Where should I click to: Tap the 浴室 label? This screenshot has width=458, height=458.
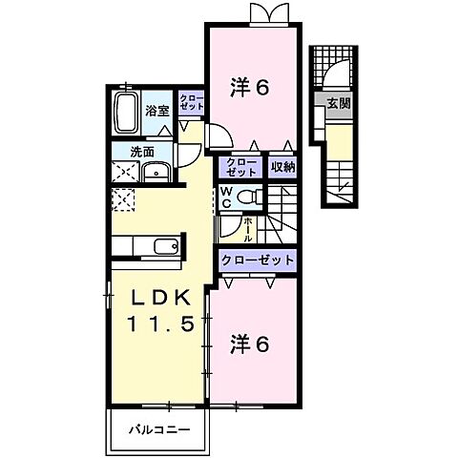pos(157,111)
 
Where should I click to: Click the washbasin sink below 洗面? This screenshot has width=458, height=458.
pos(155,172)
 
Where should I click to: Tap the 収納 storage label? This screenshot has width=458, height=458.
pos(281,168)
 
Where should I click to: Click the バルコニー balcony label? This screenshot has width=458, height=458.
pos(159,428)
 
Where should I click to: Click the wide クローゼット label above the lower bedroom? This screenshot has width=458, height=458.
pos(257,260)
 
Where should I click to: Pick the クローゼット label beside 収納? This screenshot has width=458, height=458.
pos(241,168)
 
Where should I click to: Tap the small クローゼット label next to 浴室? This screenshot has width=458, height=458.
pos(192,103)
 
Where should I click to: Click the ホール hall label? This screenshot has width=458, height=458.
pos(246,227)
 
